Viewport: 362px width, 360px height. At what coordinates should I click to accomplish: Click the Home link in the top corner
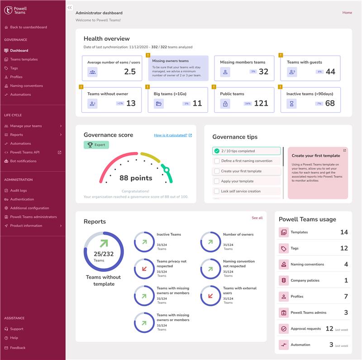tap(347, 13)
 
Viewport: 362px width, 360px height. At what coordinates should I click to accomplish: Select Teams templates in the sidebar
tap(24, 59)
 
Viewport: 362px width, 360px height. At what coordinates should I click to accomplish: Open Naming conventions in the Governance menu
tap(26, 86)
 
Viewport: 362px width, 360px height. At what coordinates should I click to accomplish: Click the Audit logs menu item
tap(19, 190)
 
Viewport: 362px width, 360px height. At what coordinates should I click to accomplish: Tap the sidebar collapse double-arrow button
tap(70, 8)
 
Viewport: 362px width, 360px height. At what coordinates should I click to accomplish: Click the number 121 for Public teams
tap(261, 103)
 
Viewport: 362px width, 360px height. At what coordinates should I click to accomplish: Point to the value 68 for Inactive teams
tap(330, 103)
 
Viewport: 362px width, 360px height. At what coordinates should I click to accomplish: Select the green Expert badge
tap(96, 145)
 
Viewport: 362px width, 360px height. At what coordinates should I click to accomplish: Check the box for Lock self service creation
tap(217, 191)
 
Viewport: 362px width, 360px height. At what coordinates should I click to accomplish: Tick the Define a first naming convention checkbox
tap(217, 161)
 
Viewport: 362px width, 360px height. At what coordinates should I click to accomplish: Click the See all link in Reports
tap(257, 218)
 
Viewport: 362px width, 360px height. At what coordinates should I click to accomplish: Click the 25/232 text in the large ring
tap(104, 254)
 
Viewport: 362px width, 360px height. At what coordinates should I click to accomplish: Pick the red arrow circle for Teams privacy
tap(144, 269)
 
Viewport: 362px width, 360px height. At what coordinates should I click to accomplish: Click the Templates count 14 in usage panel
tap(344, 232)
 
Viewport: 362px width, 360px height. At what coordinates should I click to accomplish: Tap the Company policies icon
tap(284, 280)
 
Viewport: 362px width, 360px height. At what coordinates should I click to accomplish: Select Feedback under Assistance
tap(18, 348)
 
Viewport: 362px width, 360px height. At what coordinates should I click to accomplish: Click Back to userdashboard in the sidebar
tap(28, 27)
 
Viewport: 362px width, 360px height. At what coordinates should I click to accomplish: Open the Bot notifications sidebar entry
tap(23, 161)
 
